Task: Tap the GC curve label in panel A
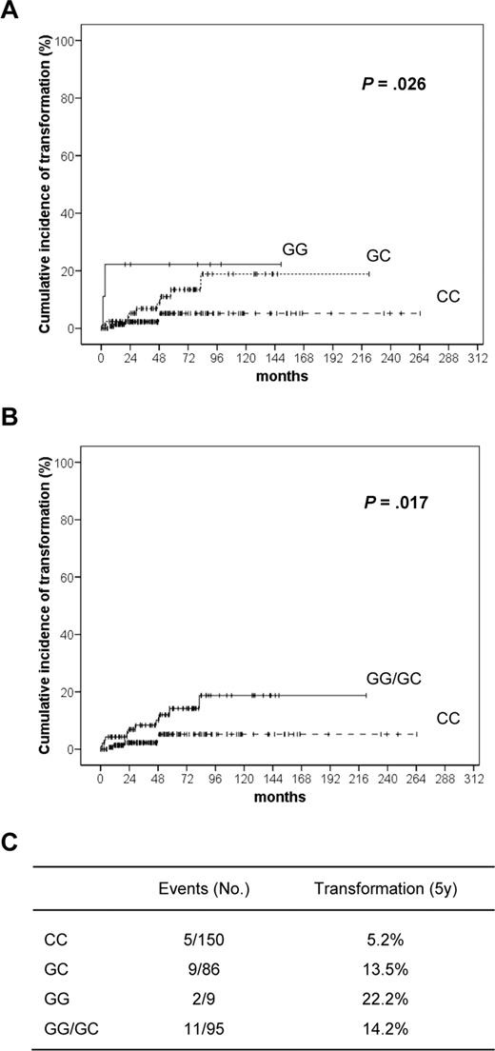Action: point(380,256)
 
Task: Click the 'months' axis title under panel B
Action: point(287,797)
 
